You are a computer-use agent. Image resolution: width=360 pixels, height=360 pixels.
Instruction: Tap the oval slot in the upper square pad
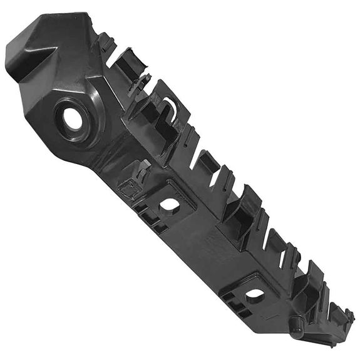point(170,204)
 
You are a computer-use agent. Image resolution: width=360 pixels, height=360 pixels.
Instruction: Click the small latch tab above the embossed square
point(143,168)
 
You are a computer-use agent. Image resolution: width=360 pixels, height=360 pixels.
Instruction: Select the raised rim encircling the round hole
point(88,103)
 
